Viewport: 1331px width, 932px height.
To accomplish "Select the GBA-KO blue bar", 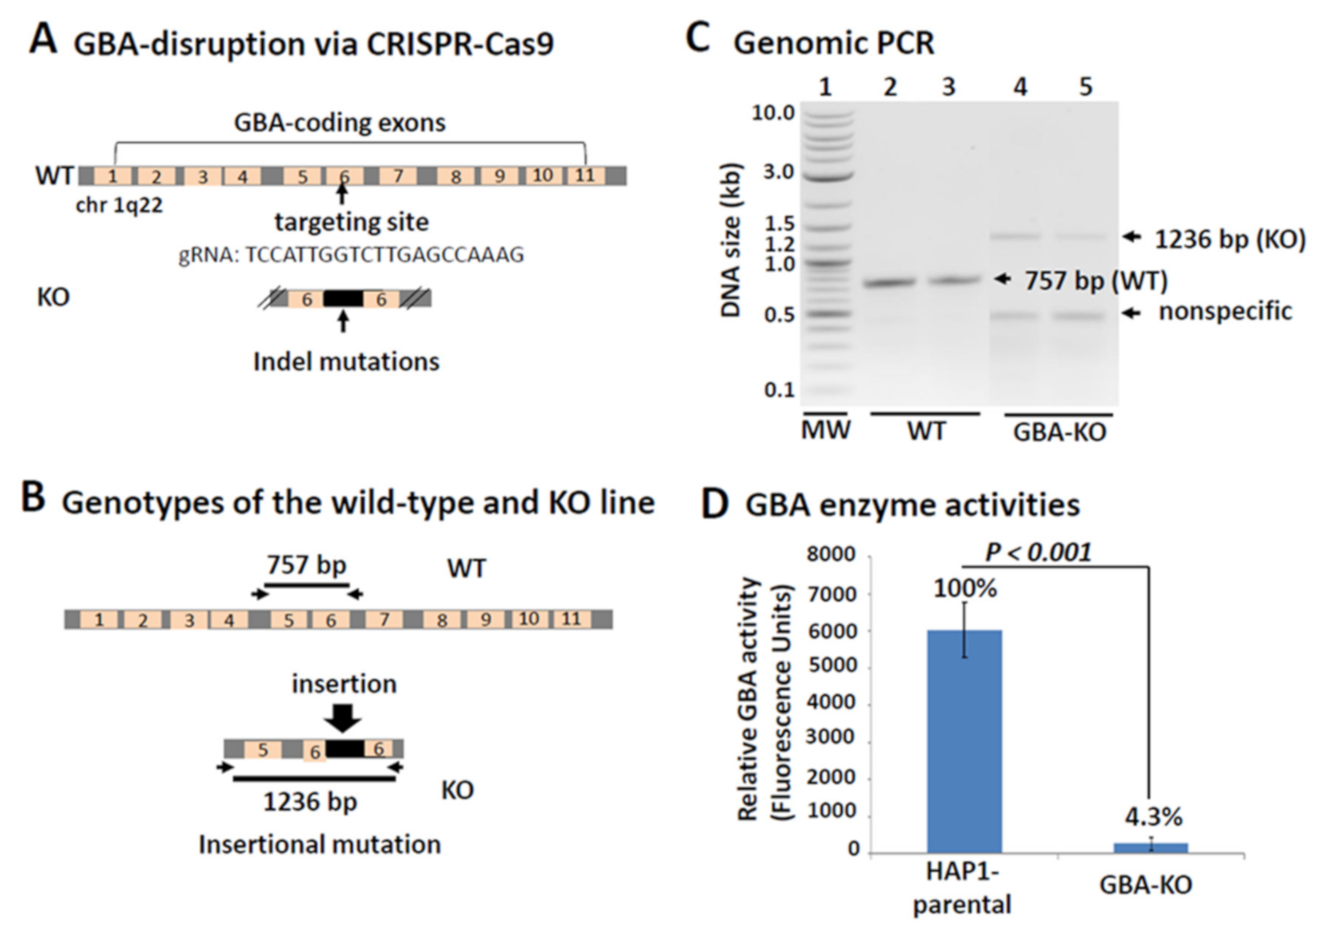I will [1151, 848].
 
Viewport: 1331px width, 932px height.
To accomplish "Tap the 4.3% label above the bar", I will [1153, 817].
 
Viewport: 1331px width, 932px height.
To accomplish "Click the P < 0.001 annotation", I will [1038, 552].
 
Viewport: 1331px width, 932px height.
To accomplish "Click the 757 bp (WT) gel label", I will [1095, 281].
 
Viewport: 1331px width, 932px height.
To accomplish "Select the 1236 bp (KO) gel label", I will [1230, 239].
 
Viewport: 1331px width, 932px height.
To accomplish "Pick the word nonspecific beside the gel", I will [1224, 312].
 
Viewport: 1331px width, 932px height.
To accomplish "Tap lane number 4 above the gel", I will [1020, 87].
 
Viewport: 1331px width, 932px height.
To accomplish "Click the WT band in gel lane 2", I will [890, 283].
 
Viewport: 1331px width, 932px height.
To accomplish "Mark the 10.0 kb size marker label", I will [773, 113].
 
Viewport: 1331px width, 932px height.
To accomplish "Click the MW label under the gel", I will [825, 430].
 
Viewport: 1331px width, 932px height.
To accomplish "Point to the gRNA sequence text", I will [351, 255].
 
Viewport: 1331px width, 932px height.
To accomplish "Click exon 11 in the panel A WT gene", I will [585, 175].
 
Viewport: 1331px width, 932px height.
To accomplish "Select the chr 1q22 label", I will [119, 205].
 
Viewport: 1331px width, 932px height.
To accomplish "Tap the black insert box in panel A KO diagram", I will [343, 299].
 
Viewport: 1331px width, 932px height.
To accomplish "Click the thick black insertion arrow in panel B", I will [344, 717].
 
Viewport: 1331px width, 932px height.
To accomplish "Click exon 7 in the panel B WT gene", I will [384, 619].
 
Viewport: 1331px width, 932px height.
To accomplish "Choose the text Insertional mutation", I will [319, 845].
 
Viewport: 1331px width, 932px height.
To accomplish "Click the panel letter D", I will [714, 505].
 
